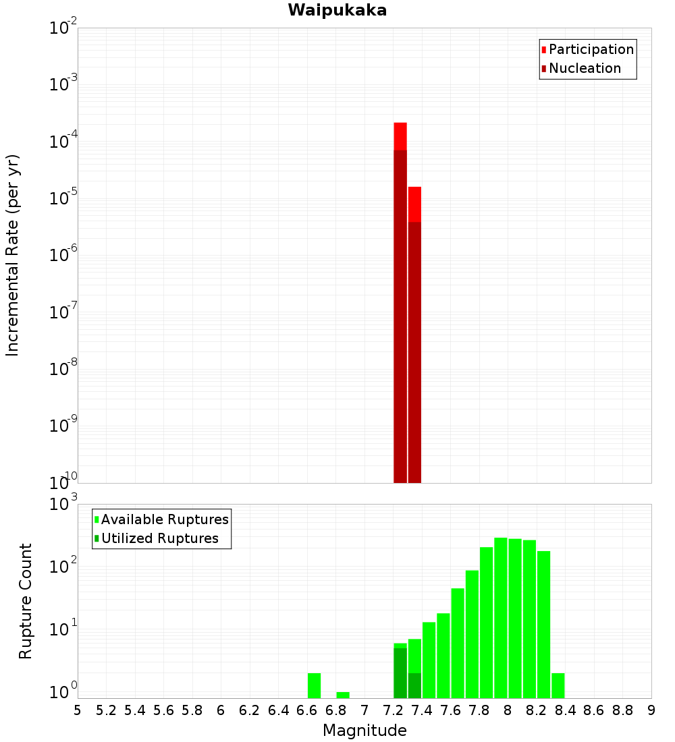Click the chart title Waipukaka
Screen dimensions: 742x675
[337, 10]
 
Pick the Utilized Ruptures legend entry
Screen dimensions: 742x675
[159, 538]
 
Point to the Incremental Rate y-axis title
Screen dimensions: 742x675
[13, 255]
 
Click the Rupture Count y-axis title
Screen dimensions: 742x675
[26, 601]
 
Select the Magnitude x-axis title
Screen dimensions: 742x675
[364, 730]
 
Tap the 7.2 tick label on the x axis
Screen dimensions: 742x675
[394, 710]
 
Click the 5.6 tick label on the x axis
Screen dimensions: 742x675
[164, 710]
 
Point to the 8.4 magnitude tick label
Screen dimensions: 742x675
[566, 710]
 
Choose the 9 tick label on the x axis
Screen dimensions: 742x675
[651, 710]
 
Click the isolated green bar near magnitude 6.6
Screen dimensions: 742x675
[314, 685]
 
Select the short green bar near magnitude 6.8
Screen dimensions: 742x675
[343, 695]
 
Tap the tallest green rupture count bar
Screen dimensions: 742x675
[500, 617]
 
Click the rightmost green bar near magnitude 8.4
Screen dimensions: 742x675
[558, 685]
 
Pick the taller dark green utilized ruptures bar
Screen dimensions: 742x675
[400, 673]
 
